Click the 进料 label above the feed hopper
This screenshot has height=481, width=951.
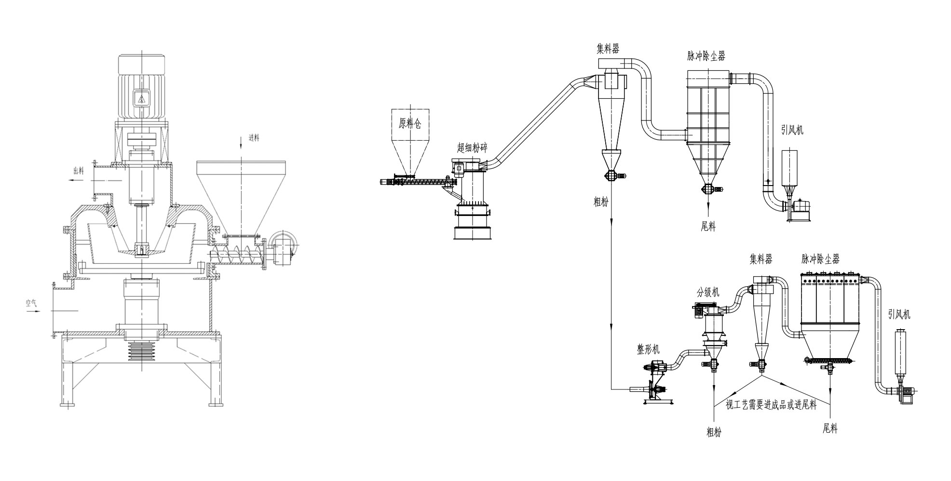coord(254,137)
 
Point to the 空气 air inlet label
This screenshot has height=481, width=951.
coord(32,303)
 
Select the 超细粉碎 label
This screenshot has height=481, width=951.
coord(472,147)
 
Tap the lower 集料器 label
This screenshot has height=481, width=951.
coord(761,259)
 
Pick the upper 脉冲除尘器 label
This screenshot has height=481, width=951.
coord(706,56)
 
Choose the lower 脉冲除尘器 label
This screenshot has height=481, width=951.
coord(820,259)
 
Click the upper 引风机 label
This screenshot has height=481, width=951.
coord(792,130)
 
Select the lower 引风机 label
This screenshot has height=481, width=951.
coord(899,315)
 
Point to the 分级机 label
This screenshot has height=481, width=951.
coord(708,292)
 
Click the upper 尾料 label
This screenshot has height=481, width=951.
coord(708,227)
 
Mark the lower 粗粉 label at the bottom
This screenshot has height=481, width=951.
coord(714,432)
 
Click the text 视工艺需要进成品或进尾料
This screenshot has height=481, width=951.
coord(771,405)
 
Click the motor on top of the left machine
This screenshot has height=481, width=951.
coord(142,87)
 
